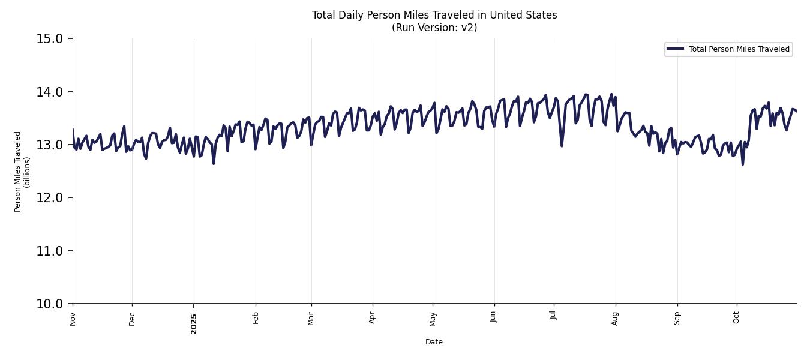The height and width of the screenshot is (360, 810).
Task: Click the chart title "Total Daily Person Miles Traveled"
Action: (434, 15)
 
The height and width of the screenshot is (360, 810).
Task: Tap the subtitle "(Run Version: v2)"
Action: (434, 28)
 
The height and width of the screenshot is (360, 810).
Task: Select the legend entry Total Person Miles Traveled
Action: (739, 49)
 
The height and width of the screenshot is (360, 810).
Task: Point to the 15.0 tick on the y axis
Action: (50, 39)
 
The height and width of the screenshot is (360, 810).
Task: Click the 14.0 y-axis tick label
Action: (50, 92)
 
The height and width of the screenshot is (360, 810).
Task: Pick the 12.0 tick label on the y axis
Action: (50, 198)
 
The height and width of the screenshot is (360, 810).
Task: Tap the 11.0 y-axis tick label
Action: (50, 251)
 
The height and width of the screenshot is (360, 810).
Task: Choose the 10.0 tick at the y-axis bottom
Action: (50, 304)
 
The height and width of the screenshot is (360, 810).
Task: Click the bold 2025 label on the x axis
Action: (194, 323)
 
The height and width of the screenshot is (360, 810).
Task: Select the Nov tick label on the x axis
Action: (73, 319)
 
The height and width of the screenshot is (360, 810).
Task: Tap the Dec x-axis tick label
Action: (132, 319)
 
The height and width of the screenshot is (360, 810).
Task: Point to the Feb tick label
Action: (256, 318)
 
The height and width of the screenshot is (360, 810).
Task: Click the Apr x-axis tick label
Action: (373, 318)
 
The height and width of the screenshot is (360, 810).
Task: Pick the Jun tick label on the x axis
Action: (493, 318)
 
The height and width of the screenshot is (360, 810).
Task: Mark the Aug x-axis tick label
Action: (615, 319)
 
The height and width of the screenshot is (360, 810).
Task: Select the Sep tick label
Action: (677, 318)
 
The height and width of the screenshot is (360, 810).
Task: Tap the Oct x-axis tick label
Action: (736, 318)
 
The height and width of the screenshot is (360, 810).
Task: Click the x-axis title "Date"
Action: (434, 342)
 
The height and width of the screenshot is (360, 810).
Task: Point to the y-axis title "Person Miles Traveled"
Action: (18, 172)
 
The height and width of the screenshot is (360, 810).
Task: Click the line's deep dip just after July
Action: (562, 146)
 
